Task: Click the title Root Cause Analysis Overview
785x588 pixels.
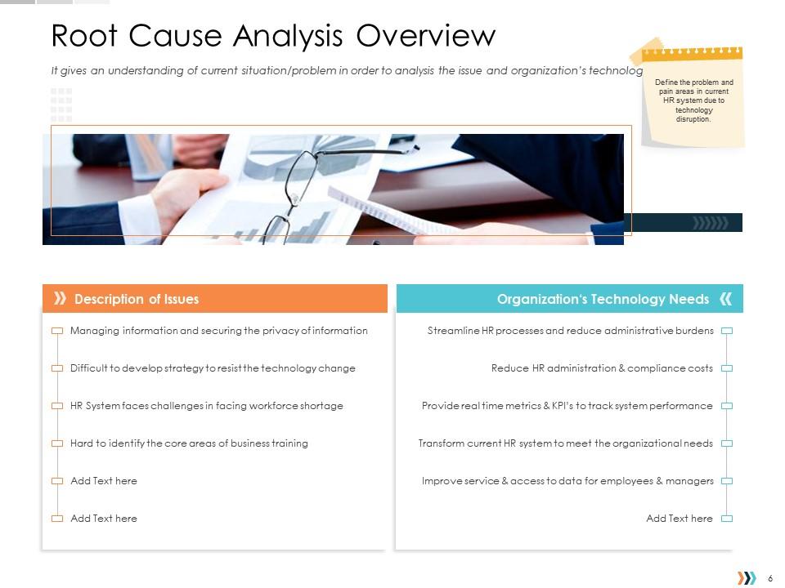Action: click(273, 37)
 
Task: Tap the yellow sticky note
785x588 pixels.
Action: click(693, 96)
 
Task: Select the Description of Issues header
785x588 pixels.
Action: click(136, 299)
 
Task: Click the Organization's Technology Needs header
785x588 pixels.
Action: click(603, 299)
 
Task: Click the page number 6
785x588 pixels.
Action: click(771, 578)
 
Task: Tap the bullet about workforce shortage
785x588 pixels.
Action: click(206, 406)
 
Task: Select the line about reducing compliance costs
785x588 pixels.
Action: click(602, 368)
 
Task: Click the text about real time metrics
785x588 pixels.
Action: click(567, 406)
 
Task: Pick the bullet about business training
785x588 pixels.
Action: click(189, 443)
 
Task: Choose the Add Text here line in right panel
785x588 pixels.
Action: click(679, 519)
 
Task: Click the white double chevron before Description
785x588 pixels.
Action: click(60, 299)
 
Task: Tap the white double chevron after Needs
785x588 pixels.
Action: click(725, 299)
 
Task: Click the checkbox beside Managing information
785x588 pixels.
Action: click(57, 331)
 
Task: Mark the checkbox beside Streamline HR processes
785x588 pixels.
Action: click(726, 331)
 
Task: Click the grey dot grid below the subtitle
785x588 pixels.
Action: click(61, 105)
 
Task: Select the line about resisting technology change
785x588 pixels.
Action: click(213, 368)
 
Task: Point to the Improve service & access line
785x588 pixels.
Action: click(567, 481)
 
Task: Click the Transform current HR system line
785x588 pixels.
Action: click(565, 443)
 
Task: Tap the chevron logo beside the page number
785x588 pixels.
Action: click(747, 578)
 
